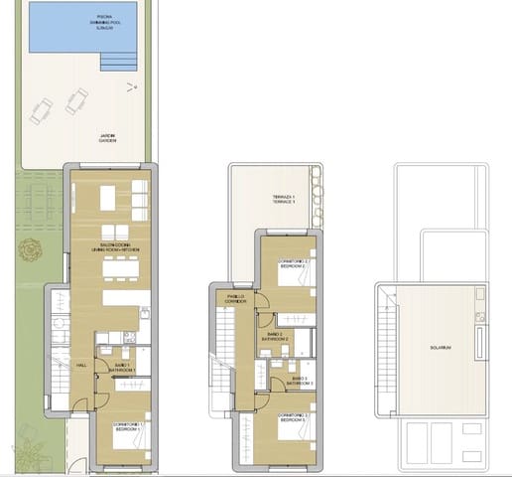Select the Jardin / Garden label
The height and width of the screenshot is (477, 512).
106,138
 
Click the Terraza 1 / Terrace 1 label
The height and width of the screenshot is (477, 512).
286,200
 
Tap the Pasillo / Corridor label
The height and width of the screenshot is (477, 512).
236,297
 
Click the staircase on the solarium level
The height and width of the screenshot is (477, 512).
385,338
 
